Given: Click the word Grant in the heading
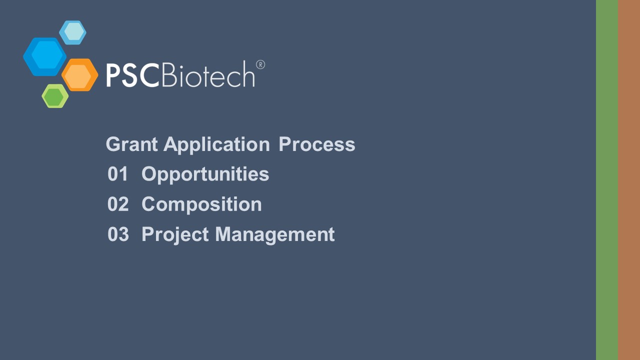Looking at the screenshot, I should tap(132, 144).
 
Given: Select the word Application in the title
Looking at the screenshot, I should tap(216, 145).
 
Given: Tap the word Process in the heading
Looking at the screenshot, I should tap(316, 144).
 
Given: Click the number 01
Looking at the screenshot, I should tap(118, 174).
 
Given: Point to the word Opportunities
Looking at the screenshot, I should tap(205, 174).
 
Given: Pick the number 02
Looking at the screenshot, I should tap(118, 204).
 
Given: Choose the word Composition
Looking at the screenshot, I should tap(201, 204).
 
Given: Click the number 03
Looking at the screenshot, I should tap(118, 234).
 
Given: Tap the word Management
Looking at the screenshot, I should tap(274, 234).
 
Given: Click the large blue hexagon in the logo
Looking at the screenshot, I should tap(45, 56).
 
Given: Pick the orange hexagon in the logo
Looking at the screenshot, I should tap(80, 75).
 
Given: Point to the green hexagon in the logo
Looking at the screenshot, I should tap(55, 96).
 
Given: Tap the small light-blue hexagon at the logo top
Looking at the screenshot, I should tap(73, 32).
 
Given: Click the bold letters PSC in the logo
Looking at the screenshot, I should tap(132, 75).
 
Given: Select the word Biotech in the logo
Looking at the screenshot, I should tap(208, 75).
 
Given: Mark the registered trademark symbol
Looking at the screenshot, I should tap(260, 64).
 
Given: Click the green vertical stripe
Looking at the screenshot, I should tap(606, 180).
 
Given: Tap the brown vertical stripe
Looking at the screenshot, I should tap(629, 180).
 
